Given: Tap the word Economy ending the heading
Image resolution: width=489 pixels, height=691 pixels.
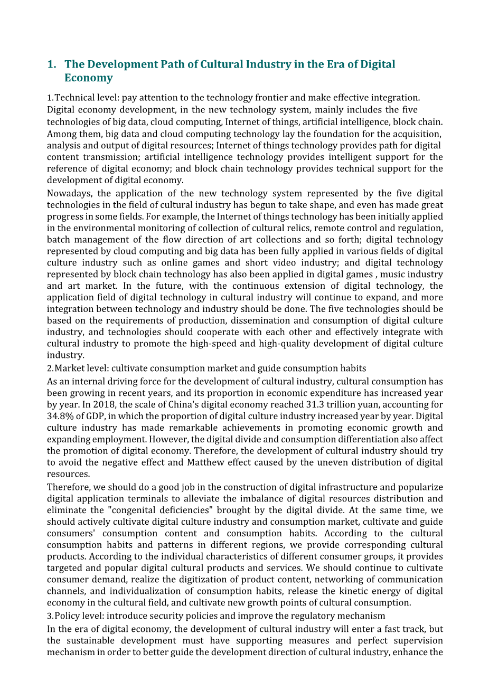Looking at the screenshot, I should [88, 78].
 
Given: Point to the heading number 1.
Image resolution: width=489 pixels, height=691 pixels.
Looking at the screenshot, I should [51, 64].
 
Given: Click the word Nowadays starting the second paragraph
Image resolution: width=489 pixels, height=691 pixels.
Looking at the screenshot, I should [67, 193].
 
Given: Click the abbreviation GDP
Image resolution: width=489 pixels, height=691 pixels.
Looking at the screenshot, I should [93, 417].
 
